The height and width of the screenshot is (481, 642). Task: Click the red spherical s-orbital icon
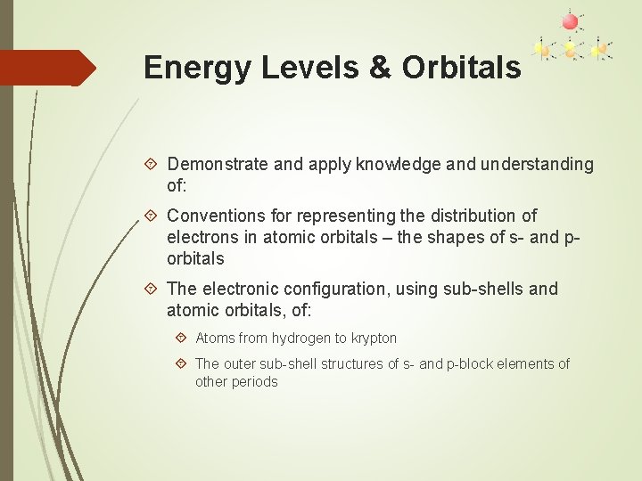570,20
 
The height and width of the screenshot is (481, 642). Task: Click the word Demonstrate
218,164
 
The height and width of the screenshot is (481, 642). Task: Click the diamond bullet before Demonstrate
151,164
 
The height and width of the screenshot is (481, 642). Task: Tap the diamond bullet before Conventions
151,216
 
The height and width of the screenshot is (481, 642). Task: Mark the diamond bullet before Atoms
181,338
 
